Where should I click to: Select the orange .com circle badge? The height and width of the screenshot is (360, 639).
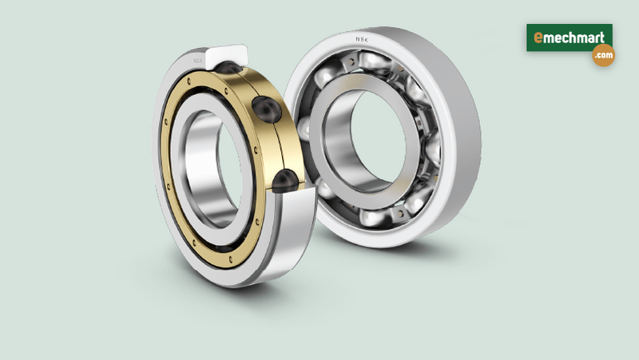(x=603, y=56)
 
